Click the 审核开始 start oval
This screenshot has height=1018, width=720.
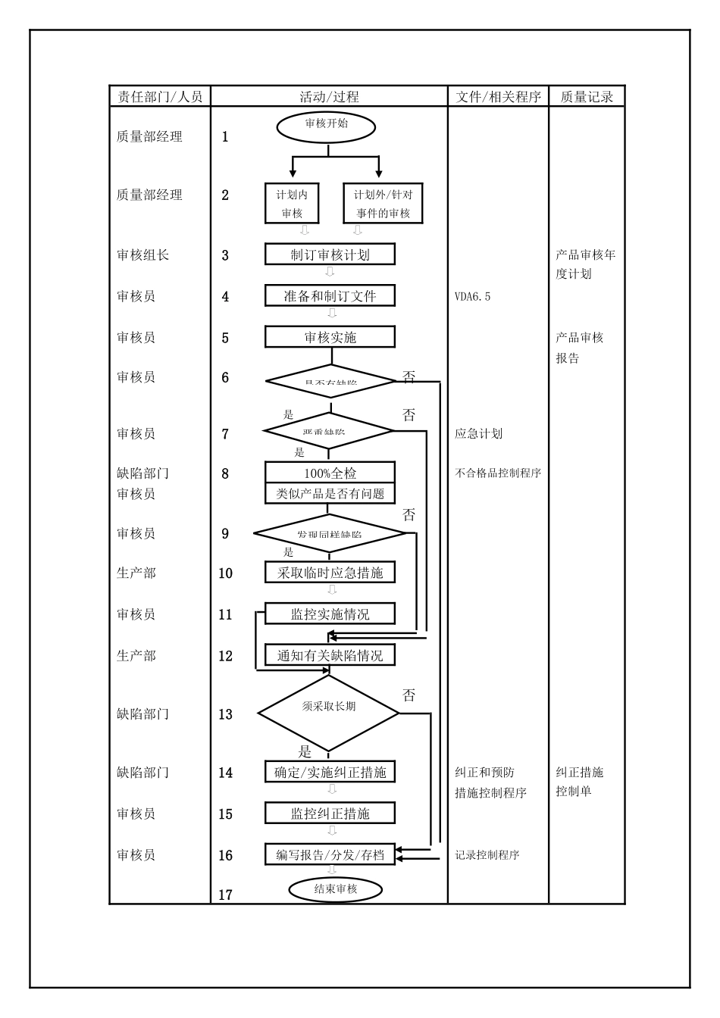[326, 126]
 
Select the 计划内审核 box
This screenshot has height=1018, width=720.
[292, 203]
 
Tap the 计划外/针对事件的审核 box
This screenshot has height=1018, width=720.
[383, 203]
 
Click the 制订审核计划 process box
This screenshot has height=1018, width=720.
[330, 254]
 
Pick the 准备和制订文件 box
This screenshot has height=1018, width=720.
[330, 295]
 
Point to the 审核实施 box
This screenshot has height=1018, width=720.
[330, 337]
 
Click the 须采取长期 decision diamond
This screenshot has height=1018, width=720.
[328, 712]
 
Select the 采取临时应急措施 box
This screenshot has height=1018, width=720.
[330, 573]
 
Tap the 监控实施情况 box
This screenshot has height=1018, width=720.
[330, 614]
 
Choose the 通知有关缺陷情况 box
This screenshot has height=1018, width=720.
[330, 655]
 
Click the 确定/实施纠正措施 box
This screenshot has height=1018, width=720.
[330, 773]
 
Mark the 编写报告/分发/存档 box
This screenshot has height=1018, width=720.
[330, 855]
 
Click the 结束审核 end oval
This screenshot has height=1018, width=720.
[335, 889]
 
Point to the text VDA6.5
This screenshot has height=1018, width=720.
[472, 296]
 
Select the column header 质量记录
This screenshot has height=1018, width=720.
[587, 96]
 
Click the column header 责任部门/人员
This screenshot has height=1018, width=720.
[160, 96]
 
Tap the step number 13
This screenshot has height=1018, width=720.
[225, 714]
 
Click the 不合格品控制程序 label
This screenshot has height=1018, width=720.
[498, 473]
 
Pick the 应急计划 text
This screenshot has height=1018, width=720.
[478, 434]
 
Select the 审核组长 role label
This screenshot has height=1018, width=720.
[142, 255]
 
